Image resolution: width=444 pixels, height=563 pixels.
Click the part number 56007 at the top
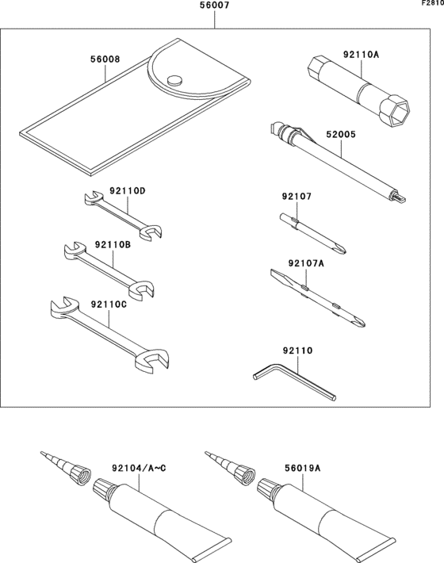[215, 6]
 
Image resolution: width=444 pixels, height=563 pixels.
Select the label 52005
[342, 136]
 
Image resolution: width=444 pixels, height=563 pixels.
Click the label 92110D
[128, 191]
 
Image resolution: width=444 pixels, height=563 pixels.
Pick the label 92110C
[108, 303]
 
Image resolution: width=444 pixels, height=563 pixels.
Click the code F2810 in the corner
[432, 4]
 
